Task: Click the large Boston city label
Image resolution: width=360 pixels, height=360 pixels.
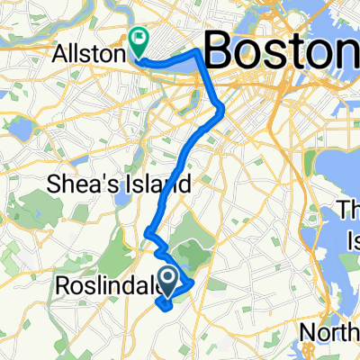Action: coord(281,49)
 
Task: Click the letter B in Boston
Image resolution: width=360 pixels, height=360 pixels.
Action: coord(221,49)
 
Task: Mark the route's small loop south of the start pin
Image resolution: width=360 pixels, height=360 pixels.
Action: coord(166,302)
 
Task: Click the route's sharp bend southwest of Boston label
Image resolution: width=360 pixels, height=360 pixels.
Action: coord(221,110)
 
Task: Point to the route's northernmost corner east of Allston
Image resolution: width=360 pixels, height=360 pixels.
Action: coord(196,55)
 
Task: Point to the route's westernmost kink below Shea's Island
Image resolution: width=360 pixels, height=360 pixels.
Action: coord(147,237)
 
